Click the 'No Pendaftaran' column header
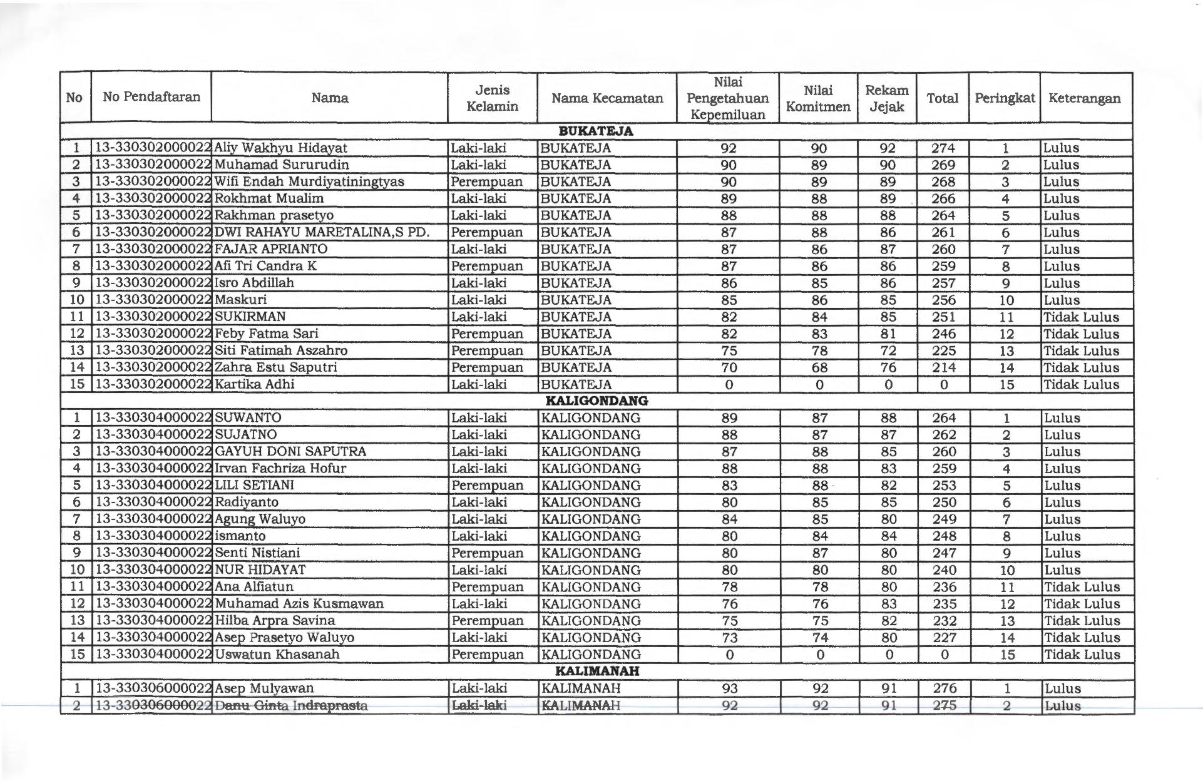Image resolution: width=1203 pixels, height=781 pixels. tap(151, 97)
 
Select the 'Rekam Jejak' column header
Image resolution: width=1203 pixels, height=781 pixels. tap(886, 98)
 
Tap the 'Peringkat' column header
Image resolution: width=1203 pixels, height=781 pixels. tap(1005, 98)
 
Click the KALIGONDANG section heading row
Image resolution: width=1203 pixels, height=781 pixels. tap(596, 401)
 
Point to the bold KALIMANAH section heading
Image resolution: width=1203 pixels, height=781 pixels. tap(597, 671)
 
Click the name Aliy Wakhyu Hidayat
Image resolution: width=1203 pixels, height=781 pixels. tap(280, 148)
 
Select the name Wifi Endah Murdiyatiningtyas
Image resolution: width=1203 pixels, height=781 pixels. tap(309, 182)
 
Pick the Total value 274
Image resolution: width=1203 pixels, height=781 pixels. tap(943, 148)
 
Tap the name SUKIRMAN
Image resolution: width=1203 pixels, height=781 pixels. tap(250, 317)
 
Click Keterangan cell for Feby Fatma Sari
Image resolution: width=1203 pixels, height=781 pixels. tap(1081, 334)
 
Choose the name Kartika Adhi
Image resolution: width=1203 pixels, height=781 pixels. tap(254, 384)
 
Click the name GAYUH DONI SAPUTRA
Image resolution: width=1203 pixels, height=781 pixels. tap(290, 452)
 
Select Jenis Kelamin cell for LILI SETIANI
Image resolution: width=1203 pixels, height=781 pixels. tap(487, 486)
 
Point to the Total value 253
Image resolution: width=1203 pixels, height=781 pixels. tap(944, 486)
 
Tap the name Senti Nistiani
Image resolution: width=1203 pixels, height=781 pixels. tap(257, 553)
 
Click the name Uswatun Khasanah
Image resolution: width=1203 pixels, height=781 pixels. tap(277, 655)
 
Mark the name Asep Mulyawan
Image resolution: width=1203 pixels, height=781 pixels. tap(264, 688)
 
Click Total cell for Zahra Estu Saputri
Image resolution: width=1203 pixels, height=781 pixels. tap(943, 368)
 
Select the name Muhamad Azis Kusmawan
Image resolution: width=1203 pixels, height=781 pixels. tap(299, 604)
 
